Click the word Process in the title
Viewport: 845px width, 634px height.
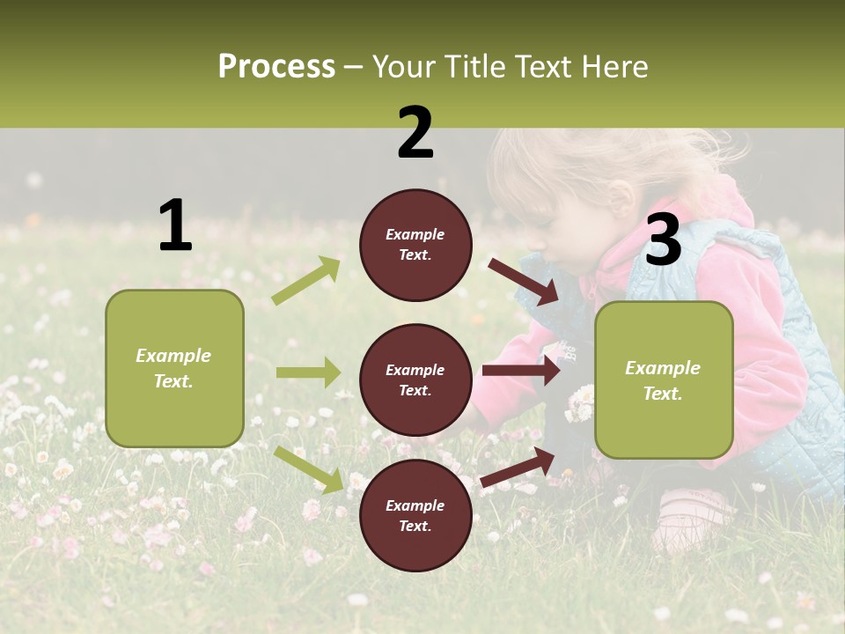point(276,67)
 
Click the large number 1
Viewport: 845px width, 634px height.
point(175,225)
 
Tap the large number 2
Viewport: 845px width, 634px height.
point(415,133)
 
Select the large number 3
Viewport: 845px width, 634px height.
point(663,240)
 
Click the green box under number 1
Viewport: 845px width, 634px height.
point(174,368)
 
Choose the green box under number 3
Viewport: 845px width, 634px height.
point(664,380)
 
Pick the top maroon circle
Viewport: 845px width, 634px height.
point(415,245)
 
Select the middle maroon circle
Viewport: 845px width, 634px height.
point(415,380)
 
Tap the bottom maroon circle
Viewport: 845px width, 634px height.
point(415,515)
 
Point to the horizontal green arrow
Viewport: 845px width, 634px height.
point(308,372)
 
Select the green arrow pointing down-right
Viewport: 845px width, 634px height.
point(309,468)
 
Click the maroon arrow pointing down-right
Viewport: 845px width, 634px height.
point(524,281)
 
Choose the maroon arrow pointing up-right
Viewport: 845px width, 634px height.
point(518,468)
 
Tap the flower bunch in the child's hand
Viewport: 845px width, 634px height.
point(580,402)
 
